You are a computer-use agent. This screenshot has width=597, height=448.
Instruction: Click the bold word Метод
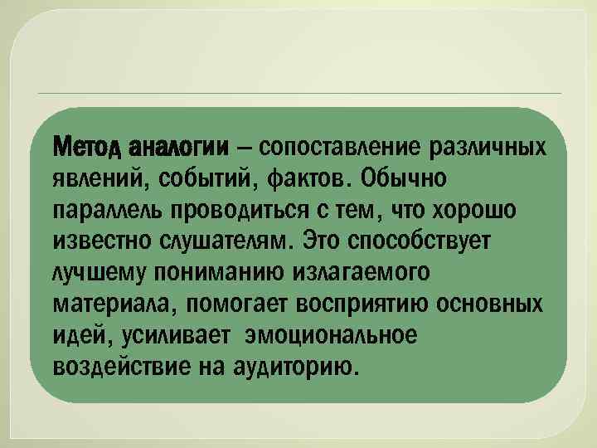pyautogui.click(x=79, y=148)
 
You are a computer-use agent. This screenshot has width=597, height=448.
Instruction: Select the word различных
pyautogui.click(x=490, y=148)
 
